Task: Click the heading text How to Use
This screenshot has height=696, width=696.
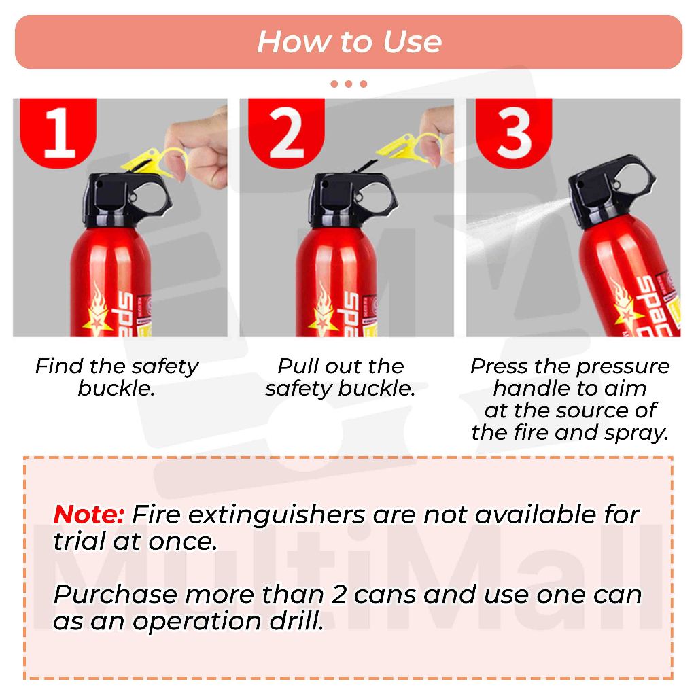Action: point(349,41)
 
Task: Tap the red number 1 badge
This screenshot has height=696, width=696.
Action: point(58,133)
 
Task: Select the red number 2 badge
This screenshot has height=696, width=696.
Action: point(286,133)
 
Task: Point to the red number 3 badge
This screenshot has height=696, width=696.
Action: point(514,133)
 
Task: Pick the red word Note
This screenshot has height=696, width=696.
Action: point(88,515)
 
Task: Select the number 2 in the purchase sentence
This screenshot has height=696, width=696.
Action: point(338,595)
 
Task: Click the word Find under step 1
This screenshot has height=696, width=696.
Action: point(59,366)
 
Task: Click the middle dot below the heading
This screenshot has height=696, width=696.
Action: point(349,84)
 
